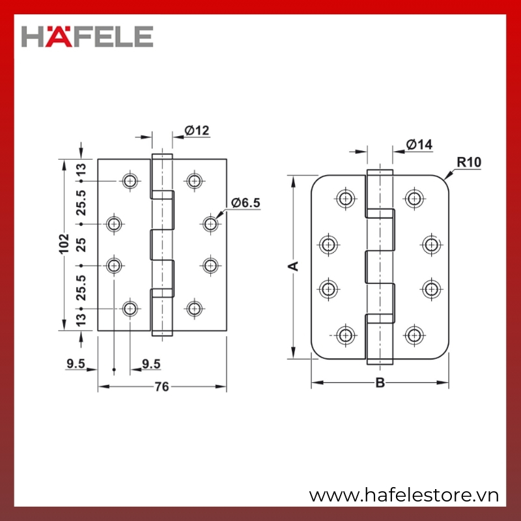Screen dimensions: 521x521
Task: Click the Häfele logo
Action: pyautogui.click(x=87, y=36)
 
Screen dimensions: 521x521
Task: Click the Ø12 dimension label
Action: pyautogui.click(x=197, y=130)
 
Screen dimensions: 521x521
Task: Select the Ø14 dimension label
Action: pyautogui.click(x=419, y=145)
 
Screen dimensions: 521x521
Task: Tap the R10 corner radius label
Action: pyautogui.click(x=469, y=162)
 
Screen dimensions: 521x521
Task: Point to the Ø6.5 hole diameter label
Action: pyautogui.click(x=246, y=203)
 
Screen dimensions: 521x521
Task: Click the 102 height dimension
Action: pyautogui.click(x=63, y=244)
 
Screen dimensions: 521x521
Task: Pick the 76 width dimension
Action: pyautogui.click(x=162, y=386)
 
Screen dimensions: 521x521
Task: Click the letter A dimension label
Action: pyautogui.click(x=294, y=266)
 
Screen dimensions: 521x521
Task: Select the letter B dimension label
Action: pyautogui.click(x=380, y=383)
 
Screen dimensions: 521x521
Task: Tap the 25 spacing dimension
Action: pyautogui.click(x=81, y=245)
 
